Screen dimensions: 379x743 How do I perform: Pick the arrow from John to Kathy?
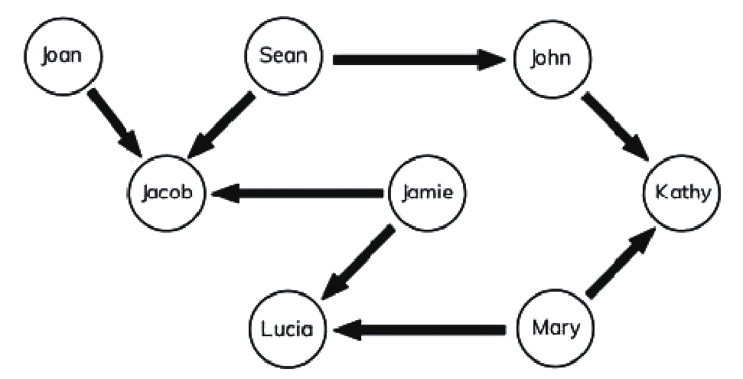click(617, 126)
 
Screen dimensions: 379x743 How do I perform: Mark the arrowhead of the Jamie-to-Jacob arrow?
click(226, 194)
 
